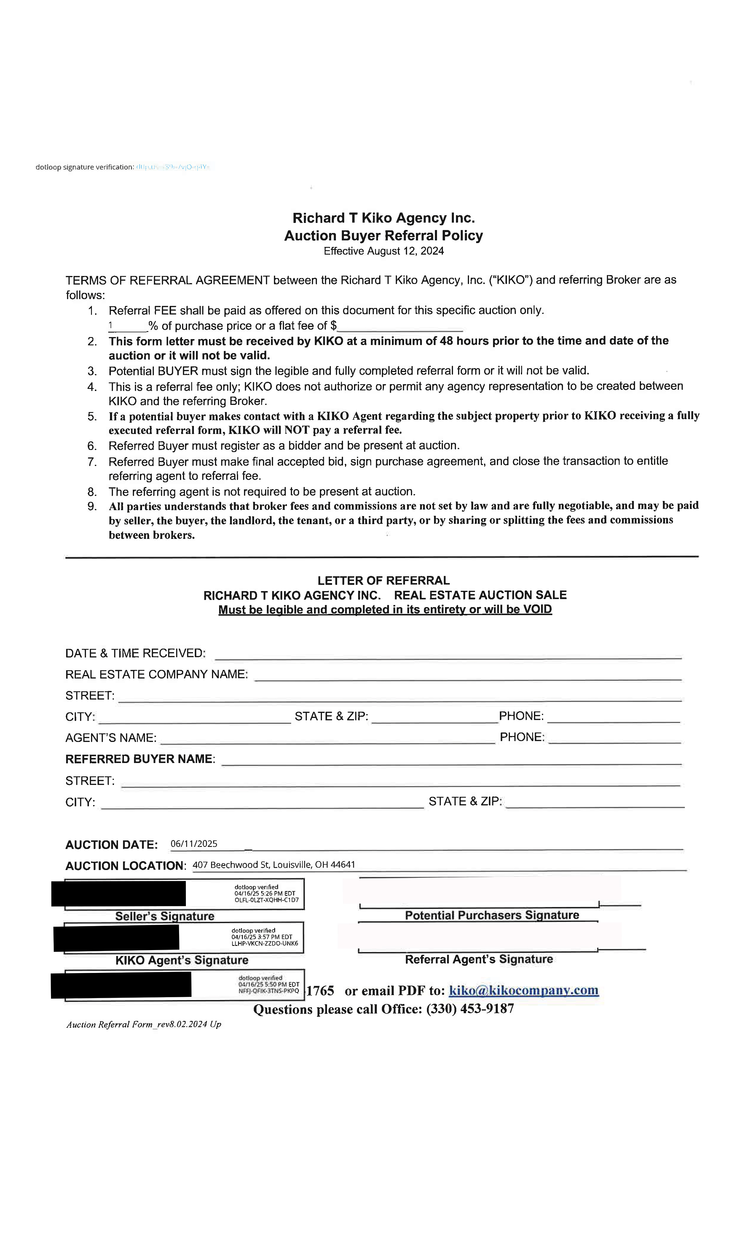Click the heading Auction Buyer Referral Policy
click(x=383, y=235)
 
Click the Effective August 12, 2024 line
click(x=384, y=251)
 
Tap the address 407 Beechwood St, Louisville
click(x=273, y=864)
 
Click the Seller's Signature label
click(x=165, y=916)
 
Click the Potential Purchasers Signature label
click(x=492, y=915)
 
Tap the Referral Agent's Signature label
click(x=479, y=959)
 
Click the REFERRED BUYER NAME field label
click(x=140, y=759)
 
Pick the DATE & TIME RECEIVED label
click(x=135, y=653)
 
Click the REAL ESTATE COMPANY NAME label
click(x=156, y=675)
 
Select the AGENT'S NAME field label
click(x=111, y=738)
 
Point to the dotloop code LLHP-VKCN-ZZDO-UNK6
click(x=264, y=943)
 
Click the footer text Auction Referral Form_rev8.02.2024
click(x=143, y=1024)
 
